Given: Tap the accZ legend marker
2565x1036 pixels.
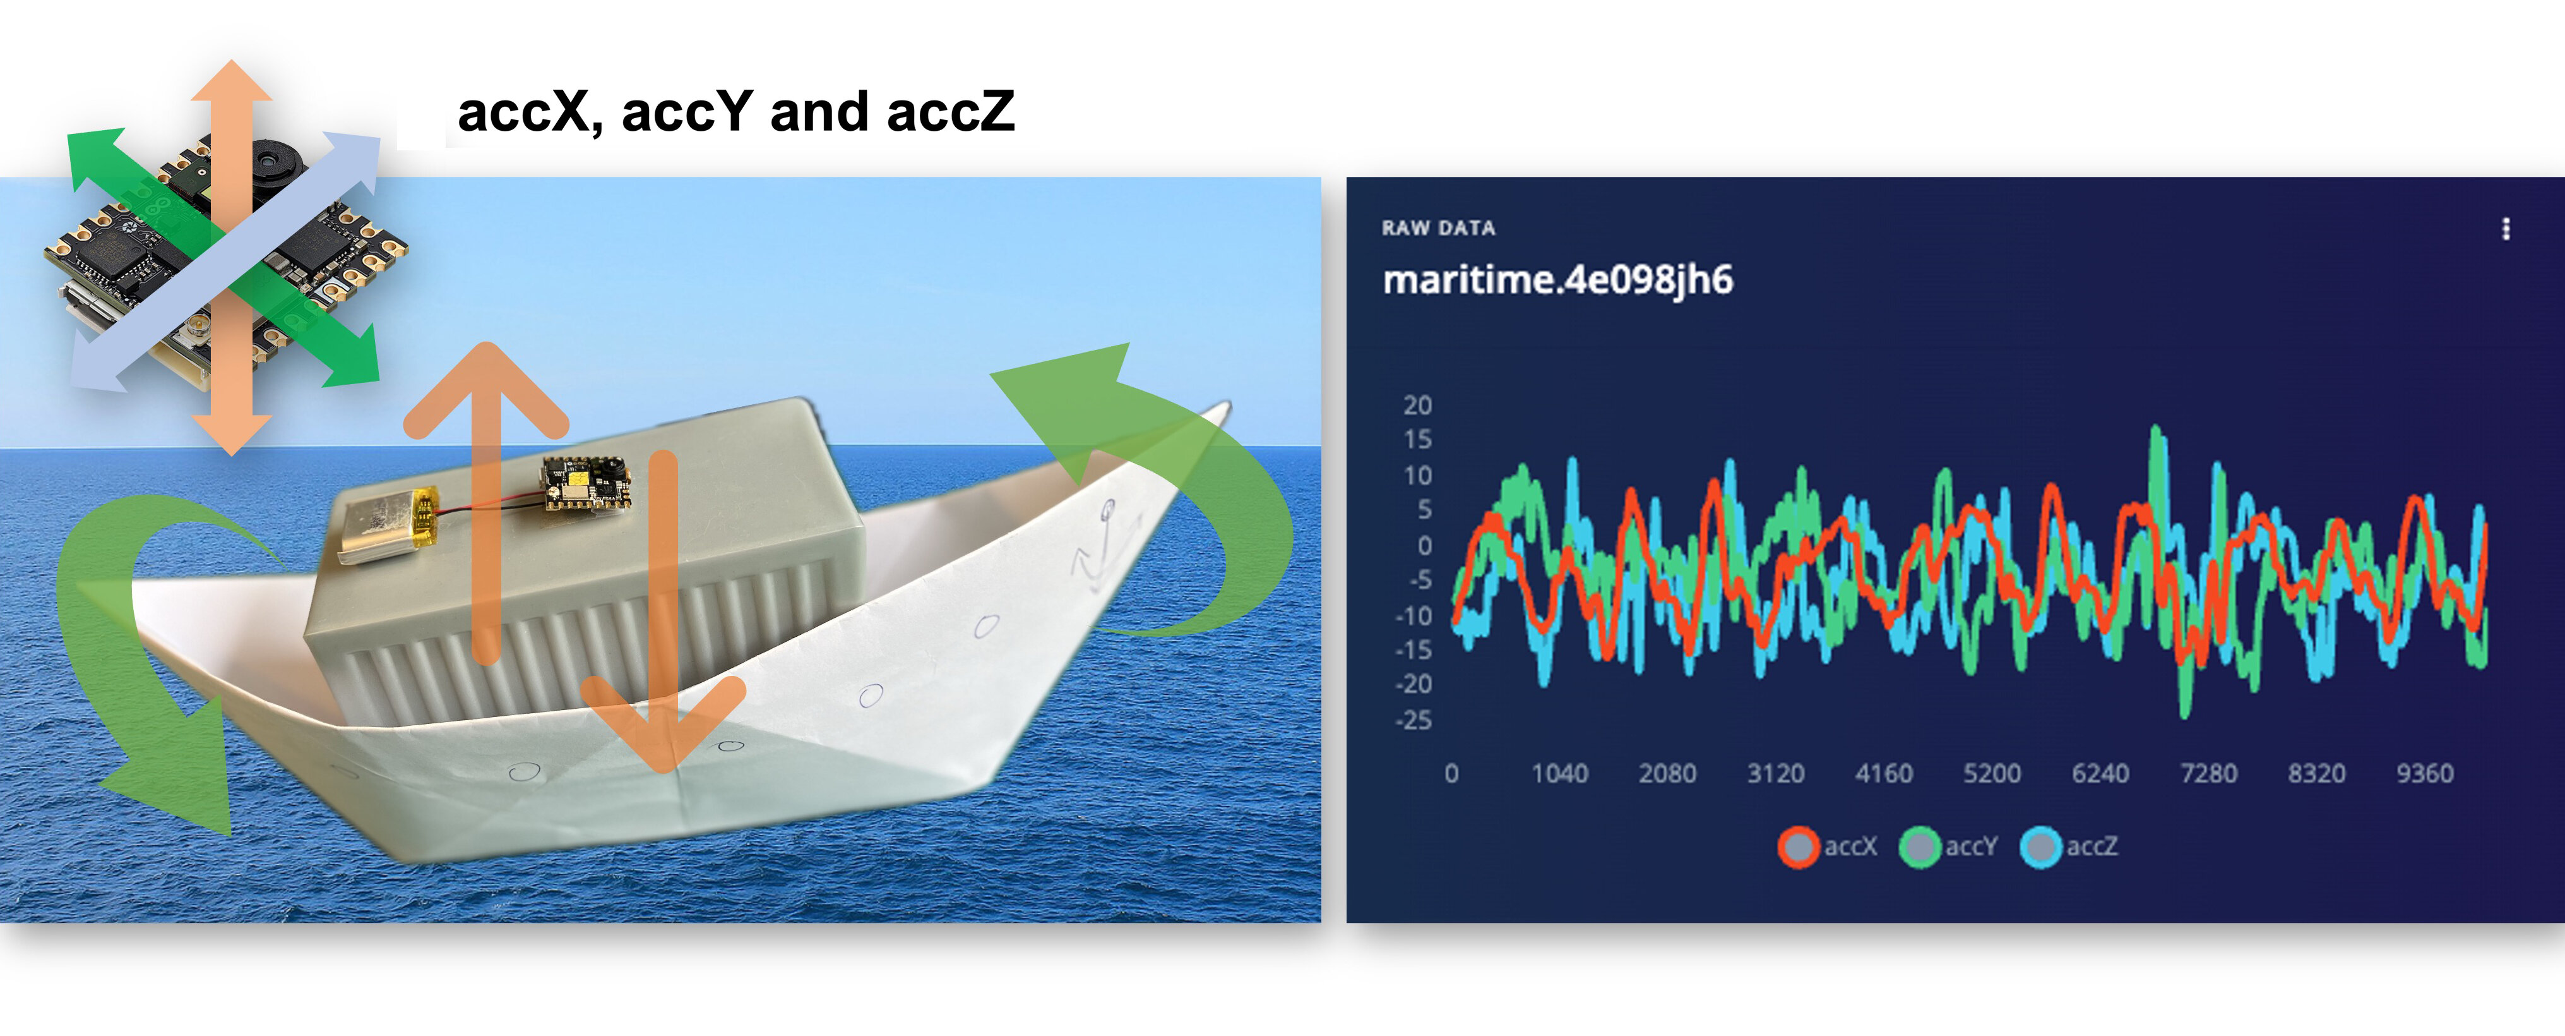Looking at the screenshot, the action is coord(2041,846).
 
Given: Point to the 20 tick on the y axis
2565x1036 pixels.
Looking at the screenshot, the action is coord(1417,406).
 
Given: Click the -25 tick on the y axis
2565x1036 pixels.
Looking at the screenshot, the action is coord(1414,720).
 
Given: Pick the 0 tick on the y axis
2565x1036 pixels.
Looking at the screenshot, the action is coord(1425,545).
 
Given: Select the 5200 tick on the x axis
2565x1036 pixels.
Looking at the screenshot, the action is coord(1992,773).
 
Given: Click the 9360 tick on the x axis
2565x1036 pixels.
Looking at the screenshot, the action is coord(2425,773).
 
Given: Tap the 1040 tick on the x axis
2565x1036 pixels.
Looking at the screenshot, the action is coord(1559,773).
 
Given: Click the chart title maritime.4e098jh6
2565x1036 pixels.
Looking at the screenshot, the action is coord(1557,280).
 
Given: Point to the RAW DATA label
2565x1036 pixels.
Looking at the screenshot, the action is coord(1438,228).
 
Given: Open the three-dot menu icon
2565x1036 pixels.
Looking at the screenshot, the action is coord(2505,229).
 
